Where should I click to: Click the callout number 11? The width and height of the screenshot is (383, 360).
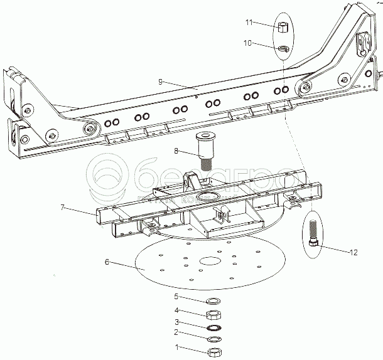click(x=249, y=23)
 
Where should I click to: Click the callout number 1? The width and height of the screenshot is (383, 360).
click(x=176, y=346)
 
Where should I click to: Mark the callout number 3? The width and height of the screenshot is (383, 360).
click(x=176, y=322)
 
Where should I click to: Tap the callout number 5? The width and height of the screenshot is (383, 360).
click(x=176, y=297)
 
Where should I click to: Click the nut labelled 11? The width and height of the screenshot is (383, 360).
click(x=283, y=27)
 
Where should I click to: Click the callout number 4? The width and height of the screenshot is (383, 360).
click(x=176, y=310)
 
